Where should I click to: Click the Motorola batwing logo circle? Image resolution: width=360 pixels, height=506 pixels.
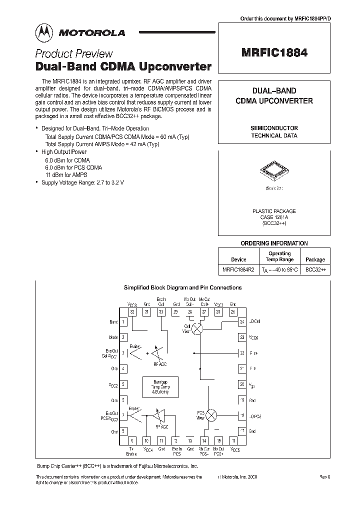pos(44,32)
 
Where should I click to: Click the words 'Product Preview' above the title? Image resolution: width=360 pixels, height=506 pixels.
pos(73,54)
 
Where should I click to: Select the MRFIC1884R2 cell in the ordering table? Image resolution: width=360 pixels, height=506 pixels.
pos(238,269)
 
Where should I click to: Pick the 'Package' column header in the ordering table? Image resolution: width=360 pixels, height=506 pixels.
pos(315,259)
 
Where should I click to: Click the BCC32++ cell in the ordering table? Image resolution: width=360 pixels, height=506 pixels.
pos(315,269)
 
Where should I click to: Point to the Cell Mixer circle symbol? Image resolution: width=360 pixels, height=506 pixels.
pos(198,328)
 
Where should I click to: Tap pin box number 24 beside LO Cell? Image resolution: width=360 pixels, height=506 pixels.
pos(242,322)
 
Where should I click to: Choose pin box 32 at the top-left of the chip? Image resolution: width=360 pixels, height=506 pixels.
pos(132,312)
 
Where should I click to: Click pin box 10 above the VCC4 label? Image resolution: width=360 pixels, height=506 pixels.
pos(146,440)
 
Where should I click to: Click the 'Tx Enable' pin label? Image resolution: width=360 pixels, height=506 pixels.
pos(131,451)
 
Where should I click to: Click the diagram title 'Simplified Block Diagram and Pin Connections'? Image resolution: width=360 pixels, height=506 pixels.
pos(182,287)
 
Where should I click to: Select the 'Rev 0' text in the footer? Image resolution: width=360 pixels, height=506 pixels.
pos(325,477)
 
